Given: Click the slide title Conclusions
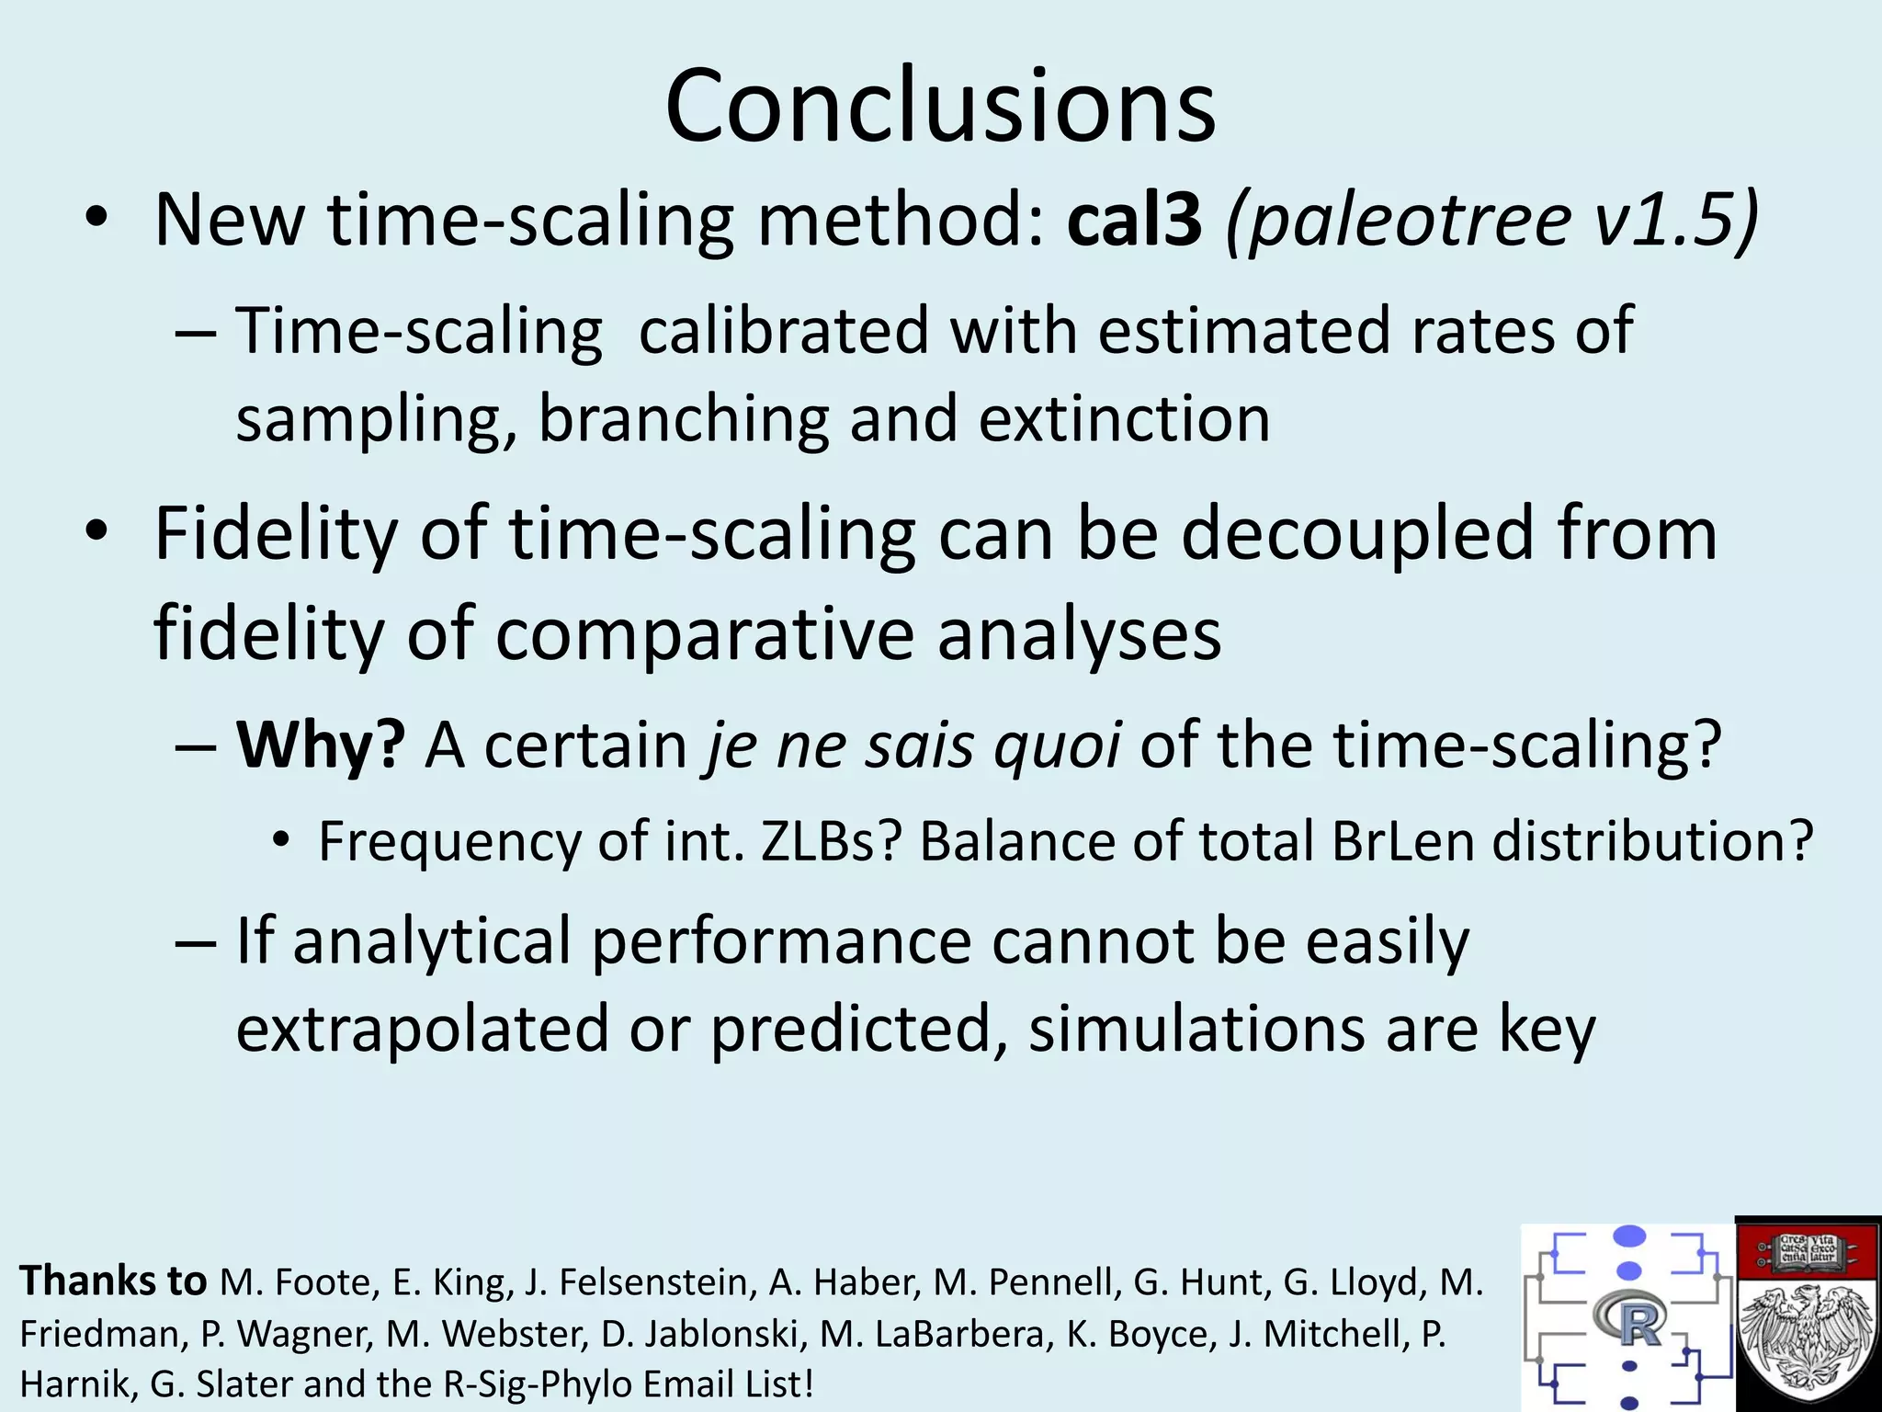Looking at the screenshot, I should pos(940,106).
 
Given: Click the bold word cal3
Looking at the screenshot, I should pos(1134,221).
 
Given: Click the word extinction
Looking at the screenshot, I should pos(1124,419).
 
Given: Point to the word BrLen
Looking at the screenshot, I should pos(1402,841).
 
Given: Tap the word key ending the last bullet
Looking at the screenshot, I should pos(1548,1031).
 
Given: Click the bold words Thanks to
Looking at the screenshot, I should pos(113,1281).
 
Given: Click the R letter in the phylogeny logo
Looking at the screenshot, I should pos(1639,1323).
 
